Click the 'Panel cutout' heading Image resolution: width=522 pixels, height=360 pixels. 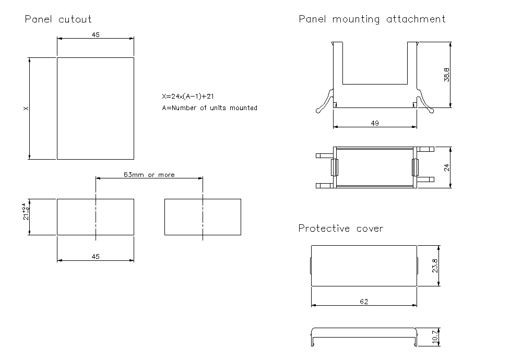58,19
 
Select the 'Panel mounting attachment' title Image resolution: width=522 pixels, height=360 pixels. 372,19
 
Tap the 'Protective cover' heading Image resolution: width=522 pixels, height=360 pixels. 340,228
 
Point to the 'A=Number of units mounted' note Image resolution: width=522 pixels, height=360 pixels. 209,108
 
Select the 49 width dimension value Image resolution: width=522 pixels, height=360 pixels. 375,123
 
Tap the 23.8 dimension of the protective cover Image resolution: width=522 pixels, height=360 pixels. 435,266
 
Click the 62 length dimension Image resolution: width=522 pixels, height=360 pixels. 364,302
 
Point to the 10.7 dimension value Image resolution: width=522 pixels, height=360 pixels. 435,337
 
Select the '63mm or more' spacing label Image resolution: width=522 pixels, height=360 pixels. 149,175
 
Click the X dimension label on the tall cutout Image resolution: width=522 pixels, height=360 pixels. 26,109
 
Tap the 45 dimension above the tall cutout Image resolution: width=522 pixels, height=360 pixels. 96,35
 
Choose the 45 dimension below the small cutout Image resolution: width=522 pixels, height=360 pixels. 96,256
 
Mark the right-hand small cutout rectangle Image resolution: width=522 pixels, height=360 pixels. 203,217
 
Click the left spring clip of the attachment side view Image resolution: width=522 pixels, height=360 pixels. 325,102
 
